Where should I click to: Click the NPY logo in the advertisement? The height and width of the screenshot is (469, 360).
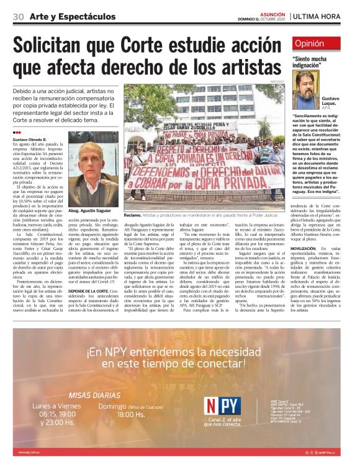(221, 406)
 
